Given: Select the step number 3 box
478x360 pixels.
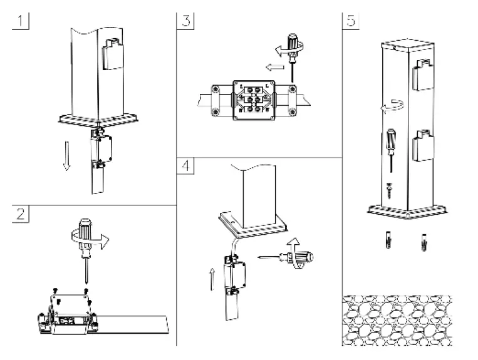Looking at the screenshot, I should (185, 19).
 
